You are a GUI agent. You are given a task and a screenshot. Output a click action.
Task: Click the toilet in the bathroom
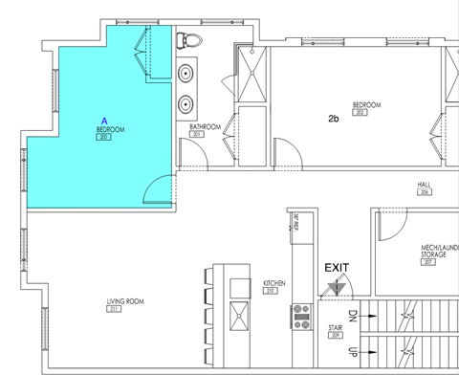pos(188,41)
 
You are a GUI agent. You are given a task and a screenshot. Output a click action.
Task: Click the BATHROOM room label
pos(205,126)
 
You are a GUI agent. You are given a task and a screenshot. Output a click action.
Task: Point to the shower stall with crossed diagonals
pos(251,72)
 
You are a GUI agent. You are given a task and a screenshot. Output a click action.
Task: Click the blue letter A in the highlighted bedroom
pos(103,121)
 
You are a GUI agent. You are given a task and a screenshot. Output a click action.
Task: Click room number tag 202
pos(361,113)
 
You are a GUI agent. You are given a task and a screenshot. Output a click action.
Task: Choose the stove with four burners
pos(301,314)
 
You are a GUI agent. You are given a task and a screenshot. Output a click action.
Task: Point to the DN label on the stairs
pos(351,316)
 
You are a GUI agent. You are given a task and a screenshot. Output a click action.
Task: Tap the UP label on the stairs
pos(351,351)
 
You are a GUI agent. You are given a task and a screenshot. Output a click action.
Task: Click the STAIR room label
pos(336,328)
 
